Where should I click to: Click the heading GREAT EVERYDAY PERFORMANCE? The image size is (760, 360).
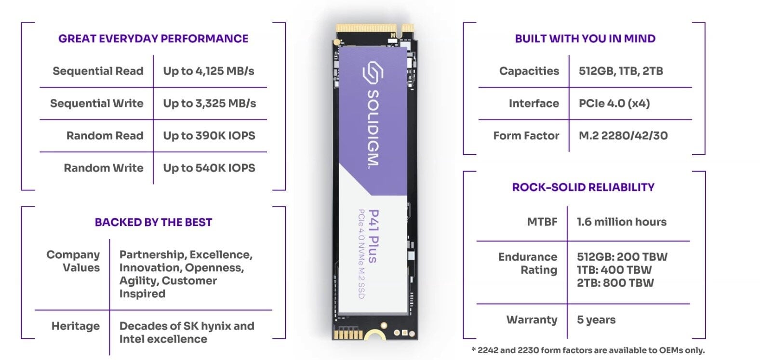[153, 39]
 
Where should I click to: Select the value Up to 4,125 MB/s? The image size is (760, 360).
[208, 71]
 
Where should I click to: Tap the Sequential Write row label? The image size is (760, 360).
[97, 104]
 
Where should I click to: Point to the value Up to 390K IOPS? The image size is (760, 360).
[209, 136]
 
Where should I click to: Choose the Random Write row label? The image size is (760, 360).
[104, 168]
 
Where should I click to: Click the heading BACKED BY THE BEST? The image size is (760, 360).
[153, 222]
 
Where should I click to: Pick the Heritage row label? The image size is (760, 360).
[76, 326]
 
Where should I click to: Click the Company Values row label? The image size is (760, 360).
[73, 261]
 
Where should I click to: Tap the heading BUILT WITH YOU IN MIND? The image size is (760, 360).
[585, 39]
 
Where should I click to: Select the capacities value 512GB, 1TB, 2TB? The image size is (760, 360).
[621, 71]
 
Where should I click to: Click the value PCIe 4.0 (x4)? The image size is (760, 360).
[614, 104]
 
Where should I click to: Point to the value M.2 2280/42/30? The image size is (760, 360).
[623, 136]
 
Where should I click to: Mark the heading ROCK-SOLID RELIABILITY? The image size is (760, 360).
[583, 187]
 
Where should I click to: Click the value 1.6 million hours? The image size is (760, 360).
[622, 222]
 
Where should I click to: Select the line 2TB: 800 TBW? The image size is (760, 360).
[615, 283]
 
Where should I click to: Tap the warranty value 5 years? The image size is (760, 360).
[596, 320]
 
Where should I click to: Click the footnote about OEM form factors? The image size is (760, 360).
[587, 350]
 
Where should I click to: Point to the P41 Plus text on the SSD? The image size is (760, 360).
[373, 236]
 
